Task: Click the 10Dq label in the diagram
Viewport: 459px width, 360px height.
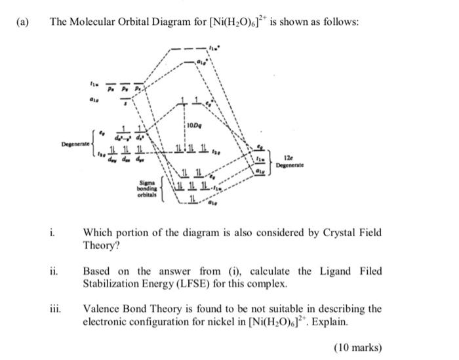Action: pos(195,125)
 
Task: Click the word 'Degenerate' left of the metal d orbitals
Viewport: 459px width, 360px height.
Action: pos(75,142)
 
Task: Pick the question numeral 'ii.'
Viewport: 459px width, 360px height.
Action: pos(54,271)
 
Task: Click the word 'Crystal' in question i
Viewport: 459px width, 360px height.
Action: pos(331,232)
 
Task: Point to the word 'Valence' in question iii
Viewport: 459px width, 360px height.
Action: pos(102,309)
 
